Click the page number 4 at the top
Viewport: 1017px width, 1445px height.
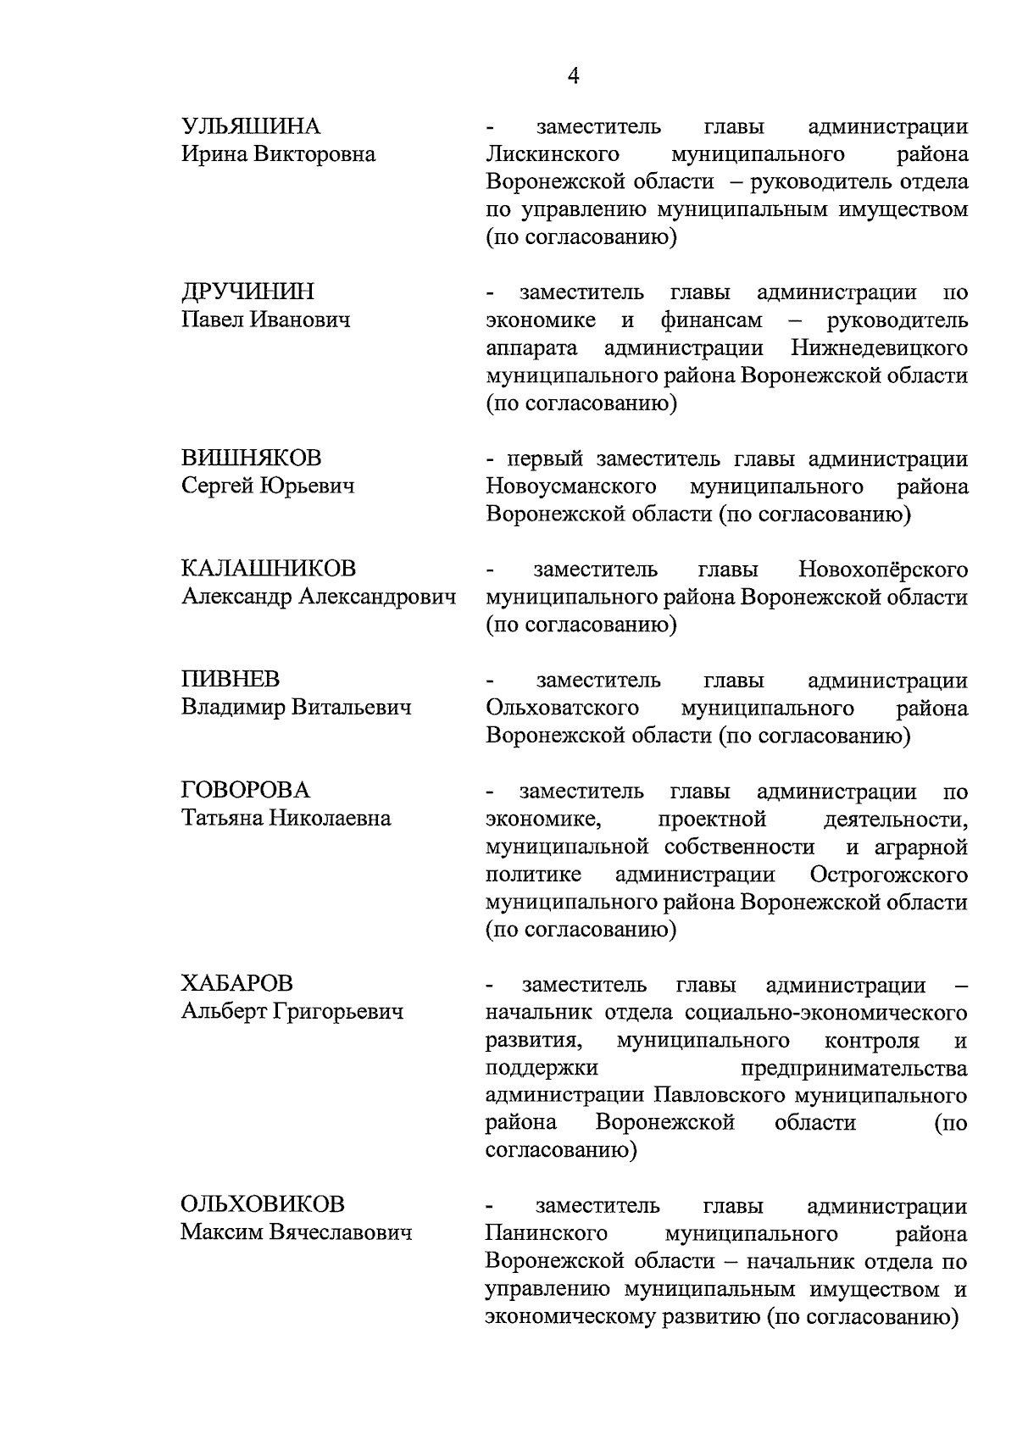point(573,76)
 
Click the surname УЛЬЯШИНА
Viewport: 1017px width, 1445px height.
point(251,127)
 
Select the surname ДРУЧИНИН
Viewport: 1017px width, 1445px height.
point(247,292)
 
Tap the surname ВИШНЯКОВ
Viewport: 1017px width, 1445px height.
point(252,459)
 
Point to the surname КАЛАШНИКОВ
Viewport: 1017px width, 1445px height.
point(269,569)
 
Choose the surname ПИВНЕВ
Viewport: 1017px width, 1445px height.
point(230,680)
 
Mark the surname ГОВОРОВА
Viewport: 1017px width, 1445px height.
point(246,791)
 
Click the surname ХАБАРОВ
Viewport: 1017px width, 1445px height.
point(236,984)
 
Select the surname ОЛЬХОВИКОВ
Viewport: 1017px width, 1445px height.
point(263,1205)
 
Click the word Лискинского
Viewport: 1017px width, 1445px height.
point(552,154)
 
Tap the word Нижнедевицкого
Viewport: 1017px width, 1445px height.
point(879,348)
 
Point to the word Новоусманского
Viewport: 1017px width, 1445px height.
point(571,486)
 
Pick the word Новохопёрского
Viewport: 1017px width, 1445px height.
point(882,569)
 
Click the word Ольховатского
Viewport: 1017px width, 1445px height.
point(562,708)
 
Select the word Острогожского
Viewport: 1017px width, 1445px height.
point(888,874)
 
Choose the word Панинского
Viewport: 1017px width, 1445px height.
point(547,1233)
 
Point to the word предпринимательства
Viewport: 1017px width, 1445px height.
point(853,1067)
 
